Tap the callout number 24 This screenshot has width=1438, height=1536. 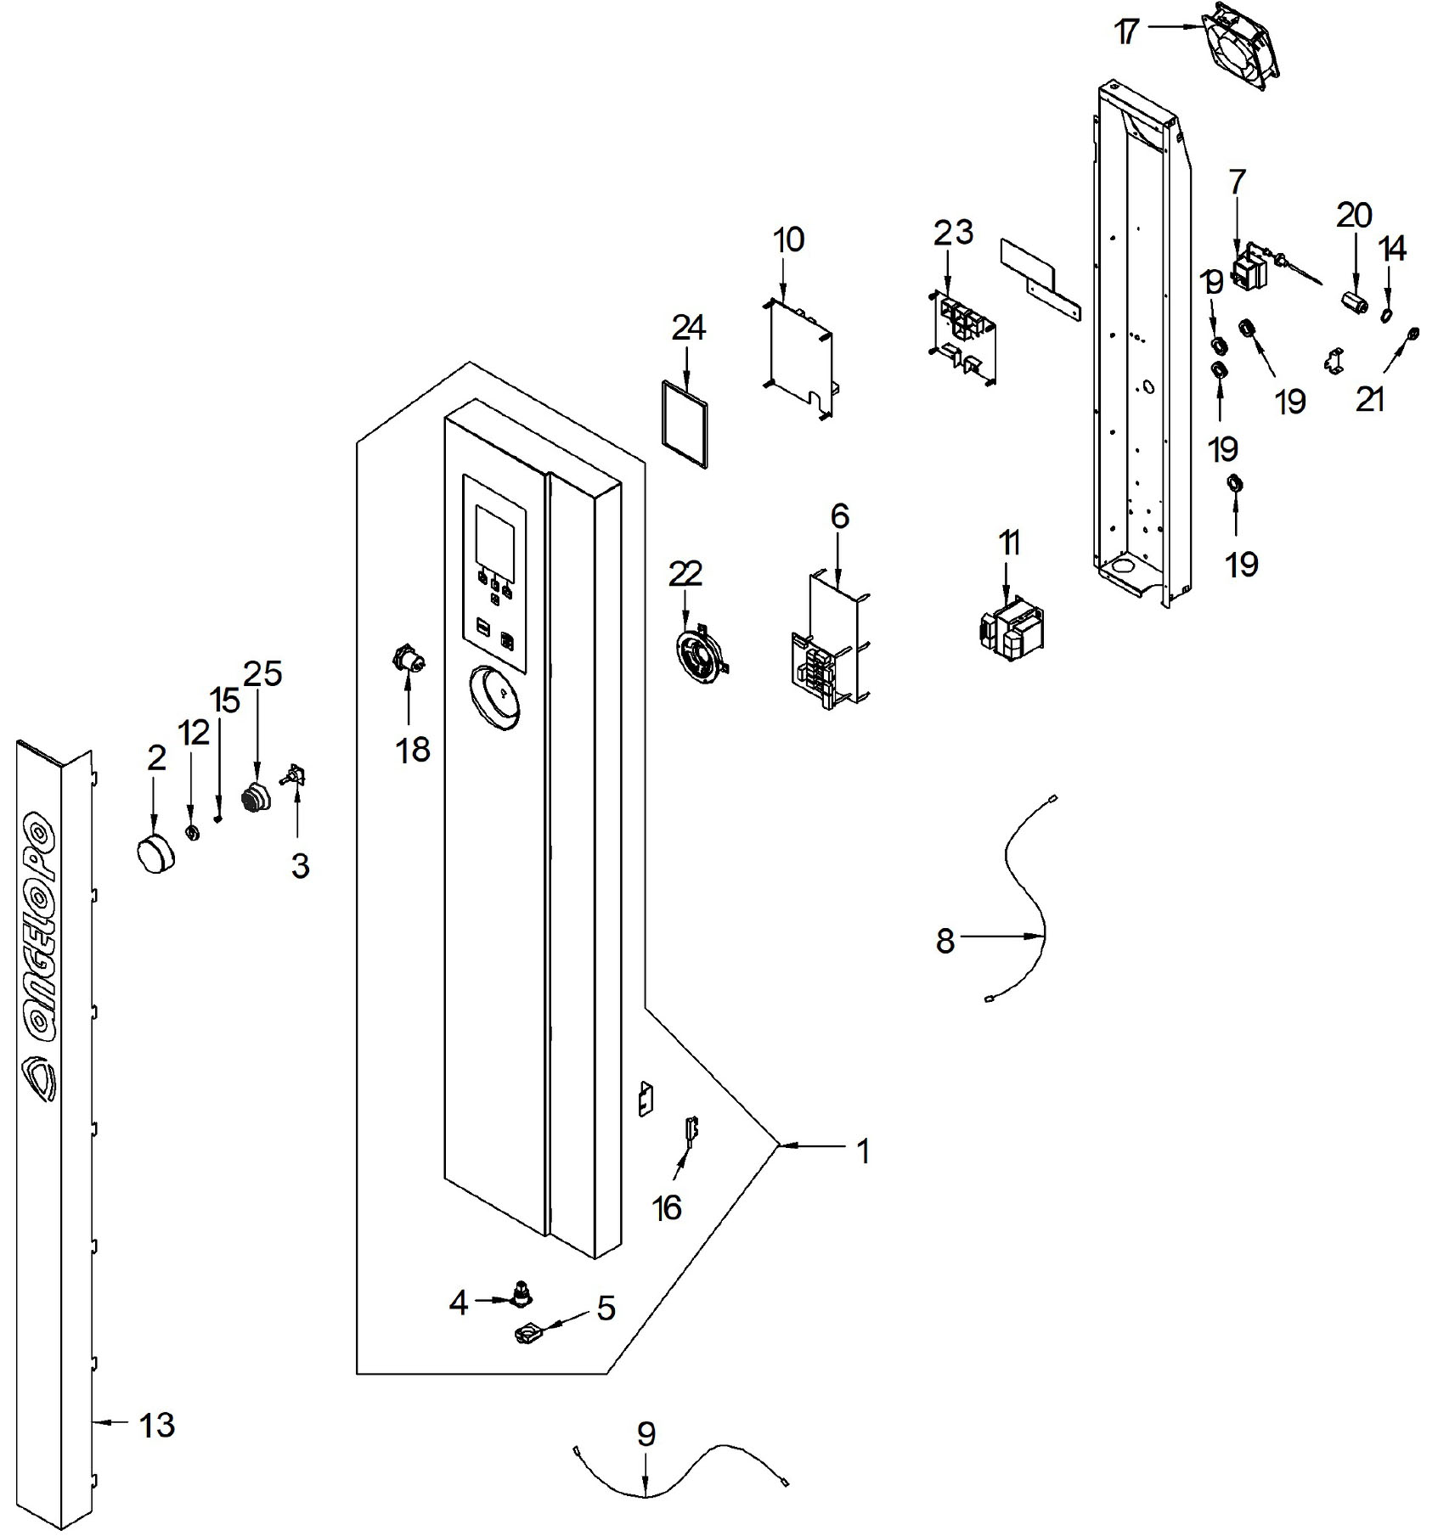(689, 328)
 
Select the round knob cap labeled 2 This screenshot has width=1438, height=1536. (154, 852)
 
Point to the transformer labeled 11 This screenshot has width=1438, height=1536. (1012, 631)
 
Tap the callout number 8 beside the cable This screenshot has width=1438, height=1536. (945, 941)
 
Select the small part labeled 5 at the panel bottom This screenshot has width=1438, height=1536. (532, 1336)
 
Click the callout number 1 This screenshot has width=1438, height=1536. (863, 1152)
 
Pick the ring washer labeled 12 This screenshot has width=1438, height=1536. (192, 832)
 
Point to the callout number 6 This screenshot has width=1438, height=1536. (840, 516)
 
